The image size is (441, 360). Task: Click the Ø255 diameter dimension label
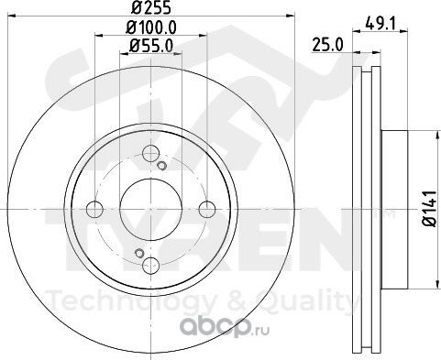(151, 7)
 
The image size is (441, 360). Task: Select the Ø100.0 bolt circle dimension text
(151, 28)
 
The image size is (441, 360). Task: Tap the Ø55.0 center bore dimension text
(151, 46)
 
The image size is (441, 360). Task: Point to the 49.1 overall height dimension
(380, 24)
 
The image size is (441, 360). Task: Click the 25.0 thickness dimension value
(327, 46)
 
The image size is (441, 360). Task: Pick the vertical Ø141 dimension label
(429, 209)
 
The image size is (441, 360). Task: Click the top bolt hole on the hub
(151, 154)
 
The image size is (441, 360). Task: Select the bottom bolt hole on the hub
(151, 265)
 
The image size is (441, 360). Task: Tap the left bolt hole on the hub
(94, 210)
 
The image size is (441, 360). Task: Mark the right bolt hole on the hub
(207, 210)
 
